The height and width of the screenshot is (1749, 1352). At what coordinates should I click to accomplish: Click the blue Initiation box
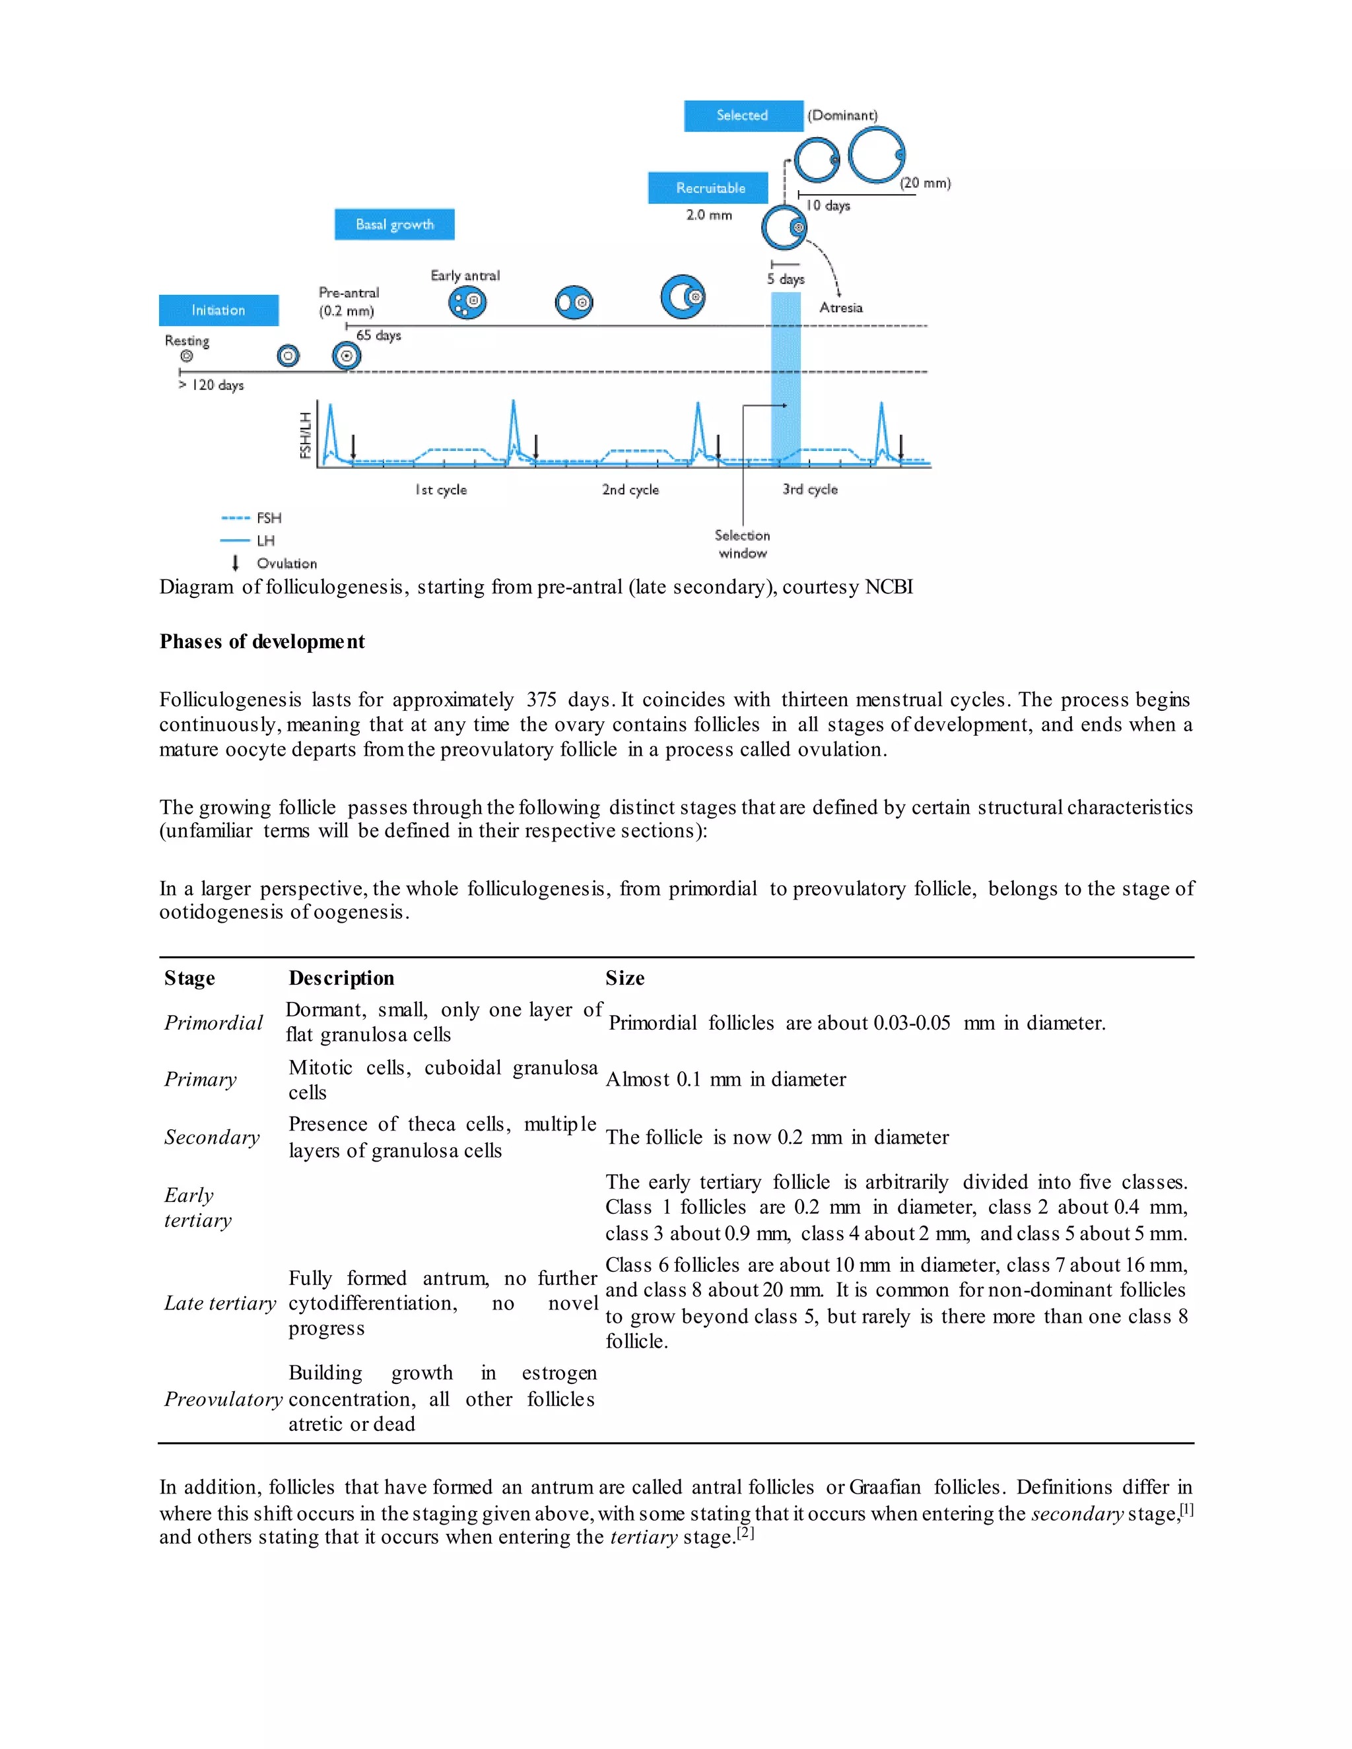pyautogui.click(x=219, y=310)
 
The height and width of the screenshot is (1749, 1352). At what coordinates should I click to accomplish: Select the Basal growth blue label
pyautogui.click(x=394, y=224)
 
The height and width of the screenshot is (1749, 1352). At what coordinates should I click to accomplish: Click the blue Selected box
pyautogui.click(x=743, y=115)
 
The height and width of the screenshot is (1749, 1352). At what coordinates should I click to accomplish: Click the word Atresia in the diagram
pyautogui.click(x=841, y=308)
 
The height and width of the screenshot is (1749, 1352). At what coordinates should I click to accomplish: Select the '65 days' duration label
pyautogui.click(x=378, y=335)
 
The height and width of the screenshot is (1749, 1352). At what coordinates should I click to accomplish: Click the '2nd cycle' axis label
pyautogui.click(x=630, y=489)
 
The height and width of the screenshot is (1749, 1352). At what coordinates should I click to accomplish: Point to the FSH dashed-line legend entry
pyautogui.click(x=252, y=518)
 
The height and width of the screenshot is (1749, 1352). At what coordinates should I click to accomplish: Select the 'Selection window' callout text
pyautogui.click(x=743, y=544)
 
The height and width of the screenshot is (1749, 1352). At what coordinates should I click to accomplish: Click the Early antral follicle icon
pyautogui.click(x=467, y=302)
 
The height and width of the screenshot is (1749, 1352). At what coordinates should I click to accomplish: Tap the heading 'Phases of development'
pyautogui.click(x=262, y=642)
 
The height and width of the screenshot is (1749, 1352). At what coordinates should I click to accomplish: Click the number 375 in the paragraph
pyautogui.click(x=541, y=700)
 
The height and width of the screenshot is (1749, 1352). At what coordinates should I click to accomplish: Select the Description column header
pyautogui.click(x=341, y=978)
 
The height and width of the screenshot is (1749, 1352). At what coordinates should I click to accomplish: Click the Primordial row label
pyautogui.click(x=213, y=1022)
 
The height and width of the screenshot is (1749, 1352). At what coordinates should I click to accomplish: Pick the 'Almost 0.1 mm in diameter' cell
pyautogui.click(x=726, y=1080)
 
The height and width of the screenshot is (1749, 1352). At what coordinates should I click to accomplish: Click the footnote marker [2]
pyautogui.click(x=746, y=1533)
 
